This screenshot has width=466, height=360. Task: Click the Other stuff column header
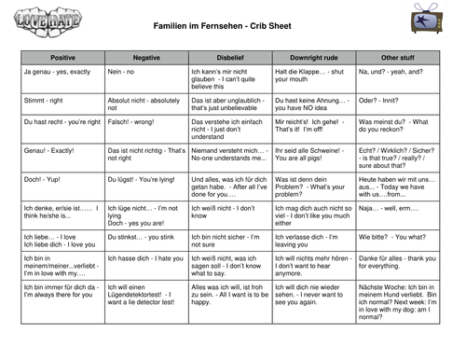coord(397,57)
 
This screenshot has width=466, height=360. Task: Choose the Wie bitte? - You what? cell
coord(392,238)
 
